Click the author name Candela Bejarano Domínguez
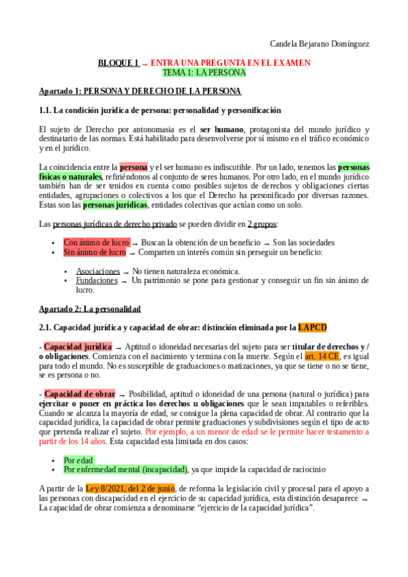pos(319,44)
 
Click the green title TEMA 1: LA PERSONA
pos(204,72)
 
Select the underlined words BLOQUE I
pos(119,63)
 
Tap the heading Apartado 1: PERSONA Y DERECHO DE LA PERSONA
pos(140,91)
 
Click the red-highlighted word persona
pos(134,167)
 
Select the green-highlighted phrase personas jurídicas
pos(114,205)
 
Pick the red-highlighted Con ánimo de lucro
pos(95,242)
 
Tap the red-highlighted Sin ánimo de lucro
pos(94,252)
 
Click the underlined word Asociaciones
pos(97,271)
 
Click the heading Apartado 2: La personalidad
pos(89,308)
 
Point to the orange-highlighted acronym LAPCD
pos(312,327)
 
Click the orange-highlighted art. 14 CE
pos(321,356)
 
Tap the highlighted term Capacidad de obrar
pos(79,393)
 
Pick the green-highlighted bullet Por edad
pos(79,460)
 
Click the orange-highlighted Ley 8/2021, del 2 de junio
pos(130,488)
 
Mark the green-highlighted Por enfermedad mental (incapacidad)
pos(125,469)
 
